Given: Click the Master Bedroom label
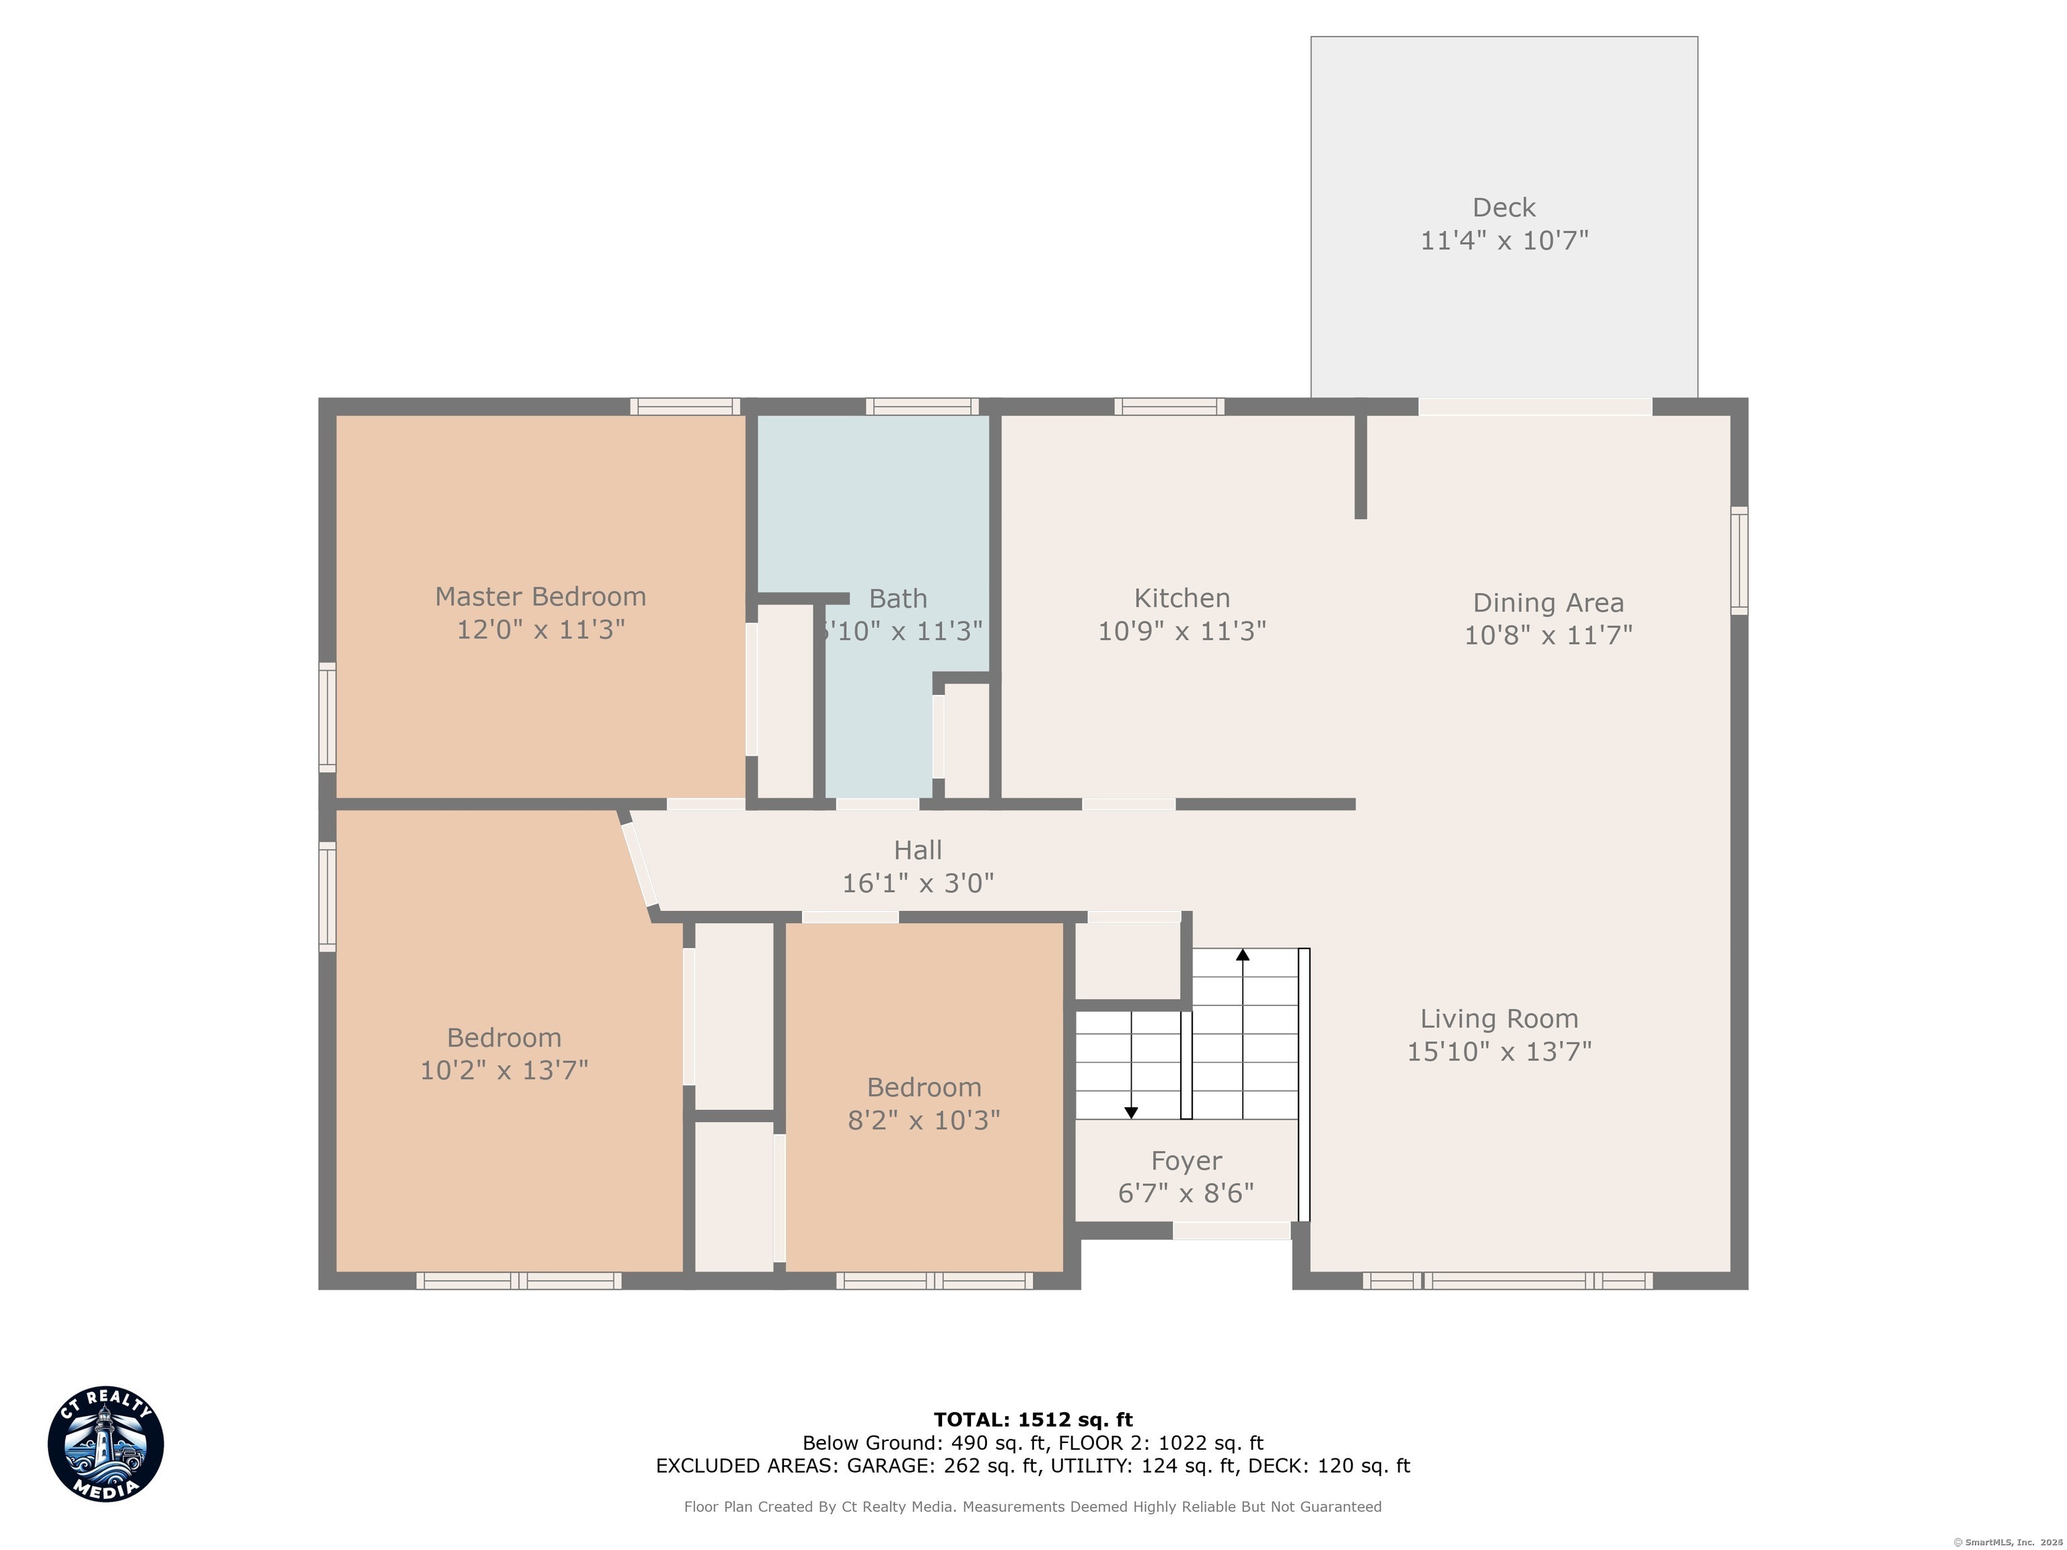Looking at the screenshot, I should pyautogui.click(x=540, y=596).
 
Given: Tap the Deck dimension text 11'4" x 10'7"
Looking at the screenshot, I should pyautogui.click(x=1504, y=241).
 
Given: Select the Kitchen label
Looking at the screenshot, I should pyautogui.click(x=1181, y=598).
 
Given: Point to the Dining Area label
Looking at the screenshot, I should pyautogui.click(x=1548, y=603).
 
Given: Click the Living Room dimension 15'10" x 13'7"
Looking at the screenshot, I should pyautogui.click(x=1499, y=1051).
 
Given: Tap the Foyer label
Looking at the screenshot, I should pyautogui.click(x=1186, y=1160).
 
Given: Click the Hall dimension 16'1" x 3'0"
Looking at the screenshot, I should pyautogui.click(x=918, y=883).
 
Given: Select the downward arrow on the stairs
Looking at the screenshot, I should pyautogui.click(x=1130, y=1112).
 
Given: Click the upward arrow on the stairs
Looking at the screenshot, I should pyautogui.click(x=1242, y=955).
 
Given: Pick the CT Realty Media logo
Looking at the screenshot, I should pyautogui.click(x=106, y=1444).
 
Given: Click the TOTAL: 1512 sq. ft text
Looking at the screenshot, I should pyautogui.click(x=1033, y=1420).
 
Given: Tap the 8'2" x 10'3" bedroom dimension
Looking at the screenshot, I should pyautogui.click(x=923, y=1119).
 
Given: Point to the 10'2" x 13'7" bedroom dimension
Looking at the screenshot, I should pyautogui.click(x=504, y=1070).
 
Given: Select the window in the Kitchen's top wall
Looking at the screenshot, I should pyautogui.click(x=1168, y=406).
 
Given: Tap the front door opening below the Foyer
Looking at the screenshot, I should pyautogui.click(x=1231, y=1231).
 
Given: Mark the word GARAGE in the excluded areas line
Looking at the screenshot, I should pyautogui.click(x=887, y=1466).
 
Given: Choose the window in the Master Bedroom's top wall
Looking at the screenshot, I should pyautogui.click(x=684, y=406).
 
